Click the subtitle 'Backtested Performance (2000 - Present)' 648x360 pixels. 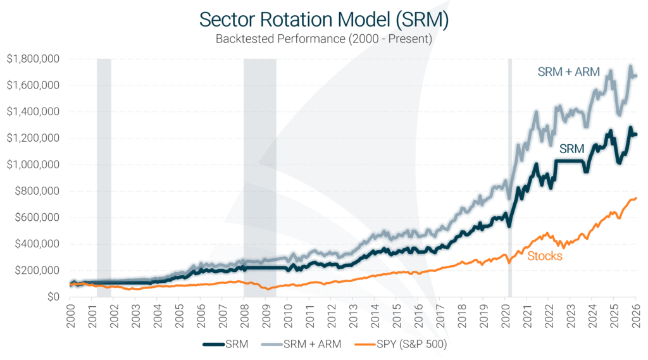click(323, 39)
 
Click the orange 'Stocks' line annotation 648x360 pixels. click(544, 256)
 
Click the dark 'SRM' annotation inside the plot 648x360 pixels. click(571, 149)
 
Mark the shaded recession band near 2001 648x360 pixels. click(104, 177)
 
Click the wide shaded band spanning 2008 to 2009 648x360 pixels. click(260, 177)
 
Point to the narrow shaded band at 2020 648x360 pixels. click(510, 177)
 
